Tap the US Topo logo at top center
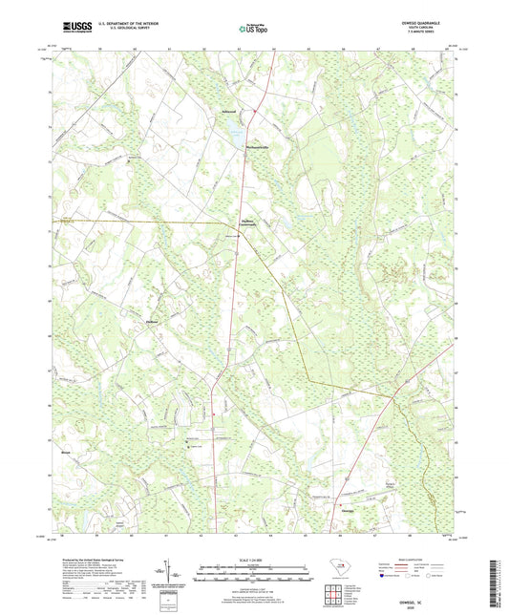click(253, 30)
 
